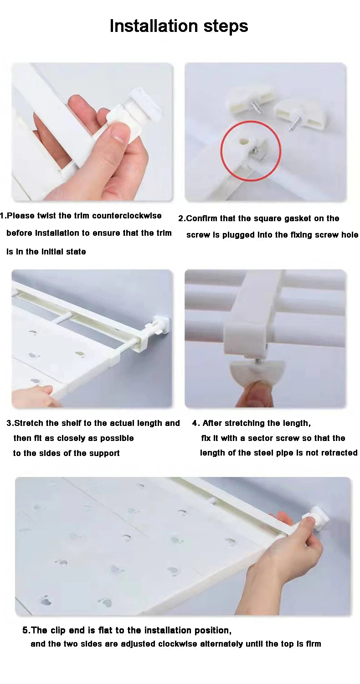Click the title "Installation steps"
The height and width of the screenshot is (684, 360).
pos(179,26)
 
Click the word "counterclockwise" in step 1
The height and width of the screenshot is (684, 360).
pos(127,216)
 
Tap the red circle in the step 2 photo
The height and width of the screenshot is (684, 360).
pos(251,150)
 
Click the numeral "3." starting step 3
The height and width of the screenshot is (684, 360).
pos(10,423)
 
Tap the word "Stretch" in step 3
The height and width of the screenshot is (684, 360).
pos(27,423)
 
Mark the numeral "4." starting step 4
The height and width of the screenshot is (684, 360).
pos(196,423)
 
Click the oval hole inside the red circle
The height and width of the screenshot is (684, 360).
pos(243,141)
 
